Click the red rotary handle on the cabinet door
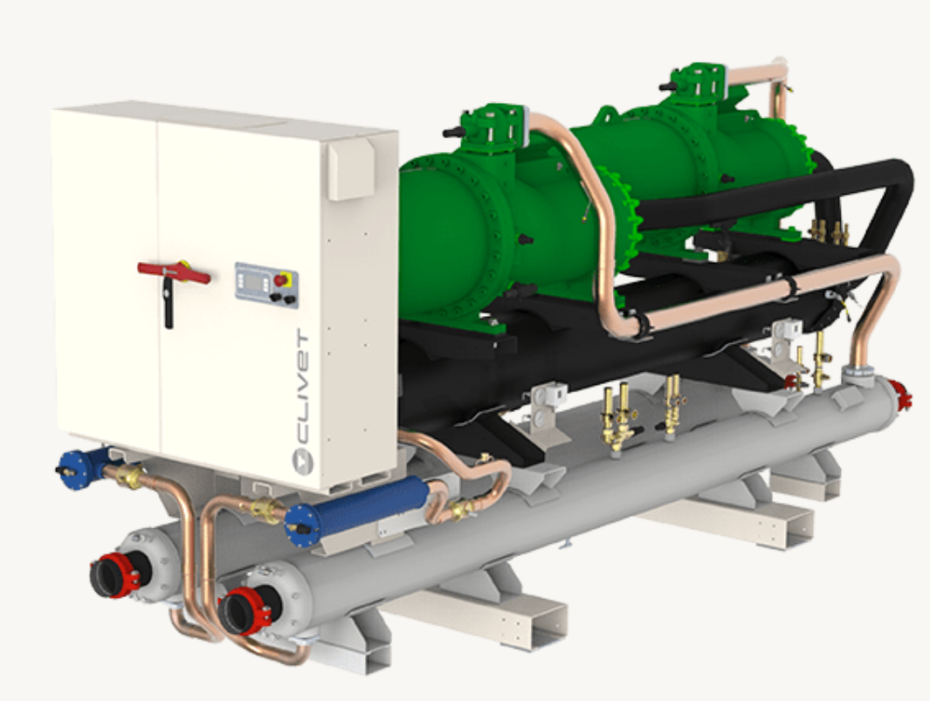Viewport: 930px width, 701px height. click(x=173, y=273)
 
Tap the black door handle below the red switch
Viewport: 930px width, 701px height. click(x=169, y=303)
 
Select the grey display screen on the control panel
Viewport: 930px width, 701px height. click(x=256, y=284)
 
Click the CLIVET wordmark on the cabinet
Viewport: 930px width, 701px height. click(x=302, y=388)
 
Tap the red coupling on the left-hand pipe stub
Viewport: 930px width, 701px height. click(x=116, y=575)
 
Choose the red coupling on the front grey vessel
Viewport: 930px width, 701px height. click(x=245, y=611)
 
